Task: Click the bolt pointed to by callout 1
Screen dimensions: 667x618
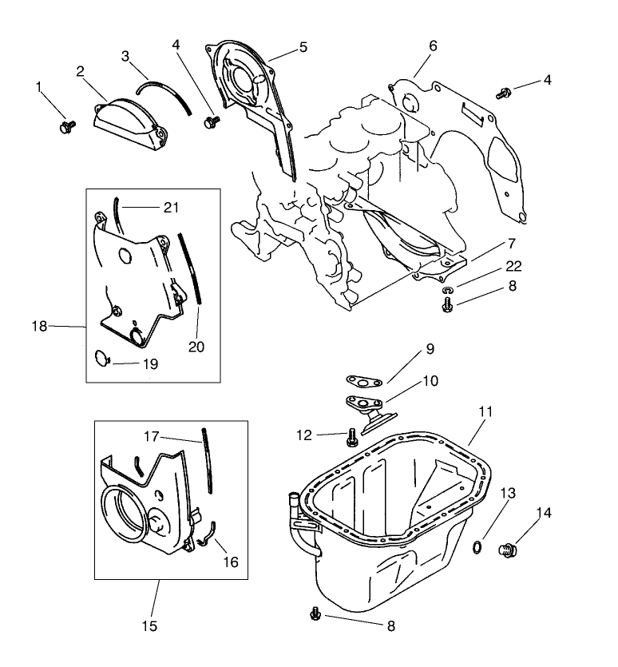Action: tap(66, 126)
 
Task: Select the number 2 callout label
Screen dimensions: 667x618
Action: tap(81, 72)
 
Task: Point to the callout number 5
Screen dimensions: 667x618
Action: tap(303, 47)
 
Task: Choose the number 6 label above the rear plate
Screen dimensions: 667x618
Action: tap(433, 46)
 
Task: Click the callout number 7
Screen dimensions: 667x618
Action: tap(510, 242)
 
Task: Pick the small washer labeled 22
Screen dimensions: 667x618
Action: tap(447, 291)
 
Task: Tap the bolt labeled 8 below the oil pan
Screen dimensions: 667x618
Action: tap(315, 613)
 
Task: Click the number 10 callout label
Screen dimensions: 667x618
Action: tap(430, 381)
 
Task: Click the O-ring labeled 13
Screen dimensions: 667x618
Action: tap(477, 546)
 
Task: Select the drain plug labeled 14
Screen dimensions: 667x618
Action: tap(506, 549)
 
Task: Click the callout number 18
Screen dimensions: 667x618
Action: tap(38, 325)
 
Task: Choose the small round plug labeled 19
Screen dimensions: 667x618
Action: tap(101, 359)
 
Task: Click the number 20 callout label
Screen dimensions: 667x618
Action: tap(196, 346)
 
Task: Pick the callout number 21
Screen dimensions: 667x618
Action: tap(171, 208)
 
